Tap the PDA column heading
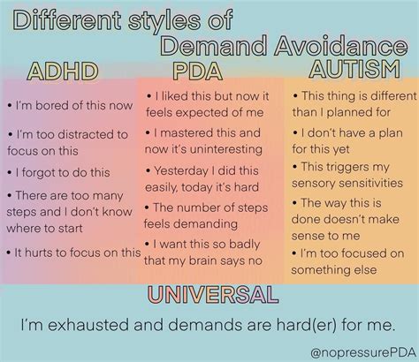pos(198,70)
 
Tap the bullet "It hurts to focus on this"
pos(73,252)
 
